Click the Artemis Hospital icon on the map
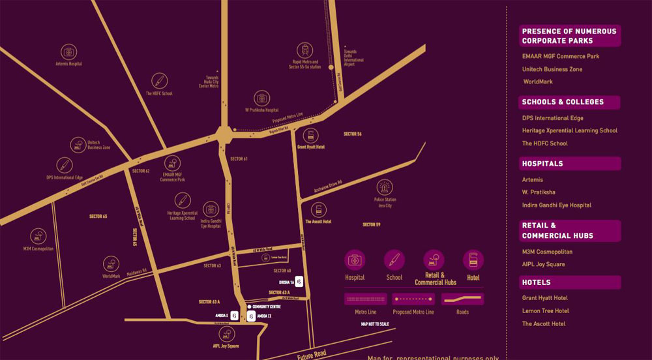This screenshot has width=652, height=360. pos(68,52)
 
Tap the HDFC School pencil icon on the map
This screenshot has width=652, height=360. pos(160,81)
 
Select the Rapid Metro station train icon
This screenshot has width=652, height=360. pos(304,50)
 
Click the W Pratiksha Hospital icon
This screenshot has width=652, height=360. pos(261,98)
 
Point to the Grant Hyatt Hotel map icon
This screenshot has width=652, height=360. pos(310,136)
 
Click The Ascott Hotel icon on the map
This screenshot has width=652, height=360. pos(318,210)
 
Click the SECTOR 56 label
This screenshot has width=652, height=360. pos(352,134)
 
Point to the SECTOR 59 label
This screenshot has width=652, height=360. pos(371,225)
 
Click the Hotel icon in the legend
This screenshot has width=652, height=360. pos(473,260)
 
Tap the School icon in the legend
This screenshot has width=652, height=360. pos(394,260)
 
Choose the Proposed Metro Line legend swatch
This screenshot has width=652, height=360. pos(412,299)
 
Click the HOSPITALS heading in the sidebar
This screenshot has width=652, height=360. pos(542,164)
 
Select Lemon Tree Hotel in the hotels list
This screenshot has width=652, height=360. pos(545,311)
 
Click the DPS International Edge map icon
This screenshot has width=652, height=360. pos(64,165)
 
